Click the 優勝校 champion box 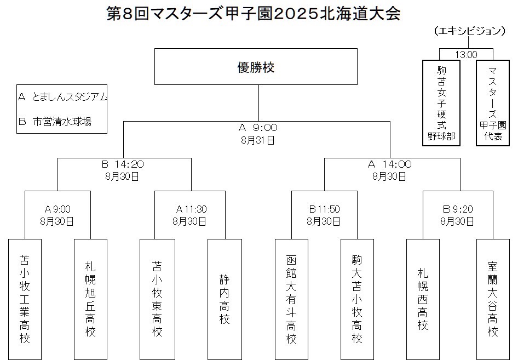tap(256, 66)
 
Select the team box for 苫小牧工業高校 tap(25, 299)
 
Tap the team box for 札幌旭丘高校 tap(90, 299)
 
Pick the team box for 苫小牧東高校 tap(157, 299)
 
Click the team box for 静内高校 tap(225, 299)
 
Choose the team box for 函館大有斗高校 tap(291, 299)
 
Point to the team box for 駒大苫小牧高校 tap(357, 299)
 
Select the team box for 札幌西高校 tap(423, 299)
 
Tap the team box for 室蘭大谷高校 tap(493, 299)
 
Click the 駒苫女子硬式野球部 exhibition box tap(441, 103)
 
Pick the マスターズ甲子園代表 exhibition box tap(493, 103)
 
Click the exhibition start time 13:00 tap(466, 55)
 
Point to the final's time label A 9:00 tap(258, 127)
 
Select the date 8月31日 tap(258, 140)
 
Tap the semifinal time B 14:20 tap(123, 164)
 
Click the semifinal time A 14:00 tap(390, 164)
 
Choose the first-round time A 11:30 tap(191, 209)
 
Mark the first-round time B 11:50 tap(324, 209)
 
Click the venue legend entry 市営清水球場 tap(62, 122)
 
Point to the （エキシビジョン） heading tap(469, 31)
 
